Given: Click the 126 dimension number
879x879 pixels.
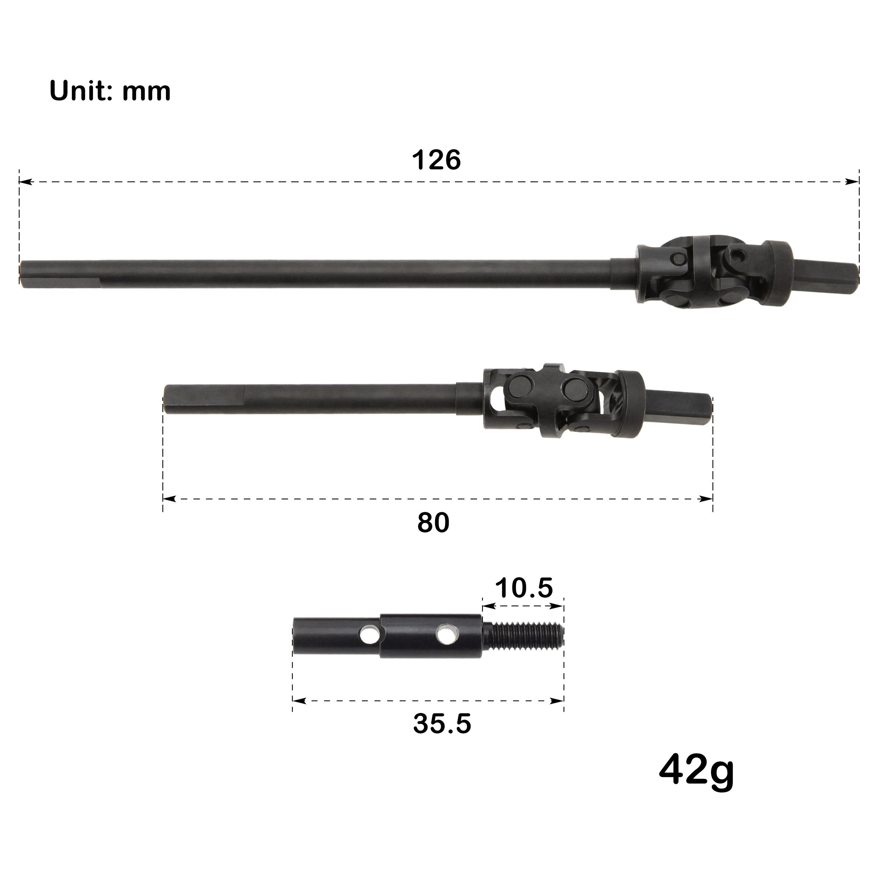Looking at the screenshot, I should click(436, 160).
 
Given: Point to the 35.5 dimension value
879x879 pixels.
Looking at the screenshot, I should click(442, 723).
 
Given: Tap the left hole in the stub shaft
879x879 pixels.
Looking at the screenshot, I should click(369, 635).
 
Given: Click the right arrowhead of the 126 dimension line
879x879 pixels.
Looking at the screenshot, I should click(852, 182).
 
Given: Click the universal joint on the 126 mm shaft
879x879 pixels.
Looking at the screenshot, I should click(714, 272).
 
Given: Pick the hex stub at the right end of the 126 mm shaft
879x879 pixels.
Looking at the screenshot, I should click(826, 277).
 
